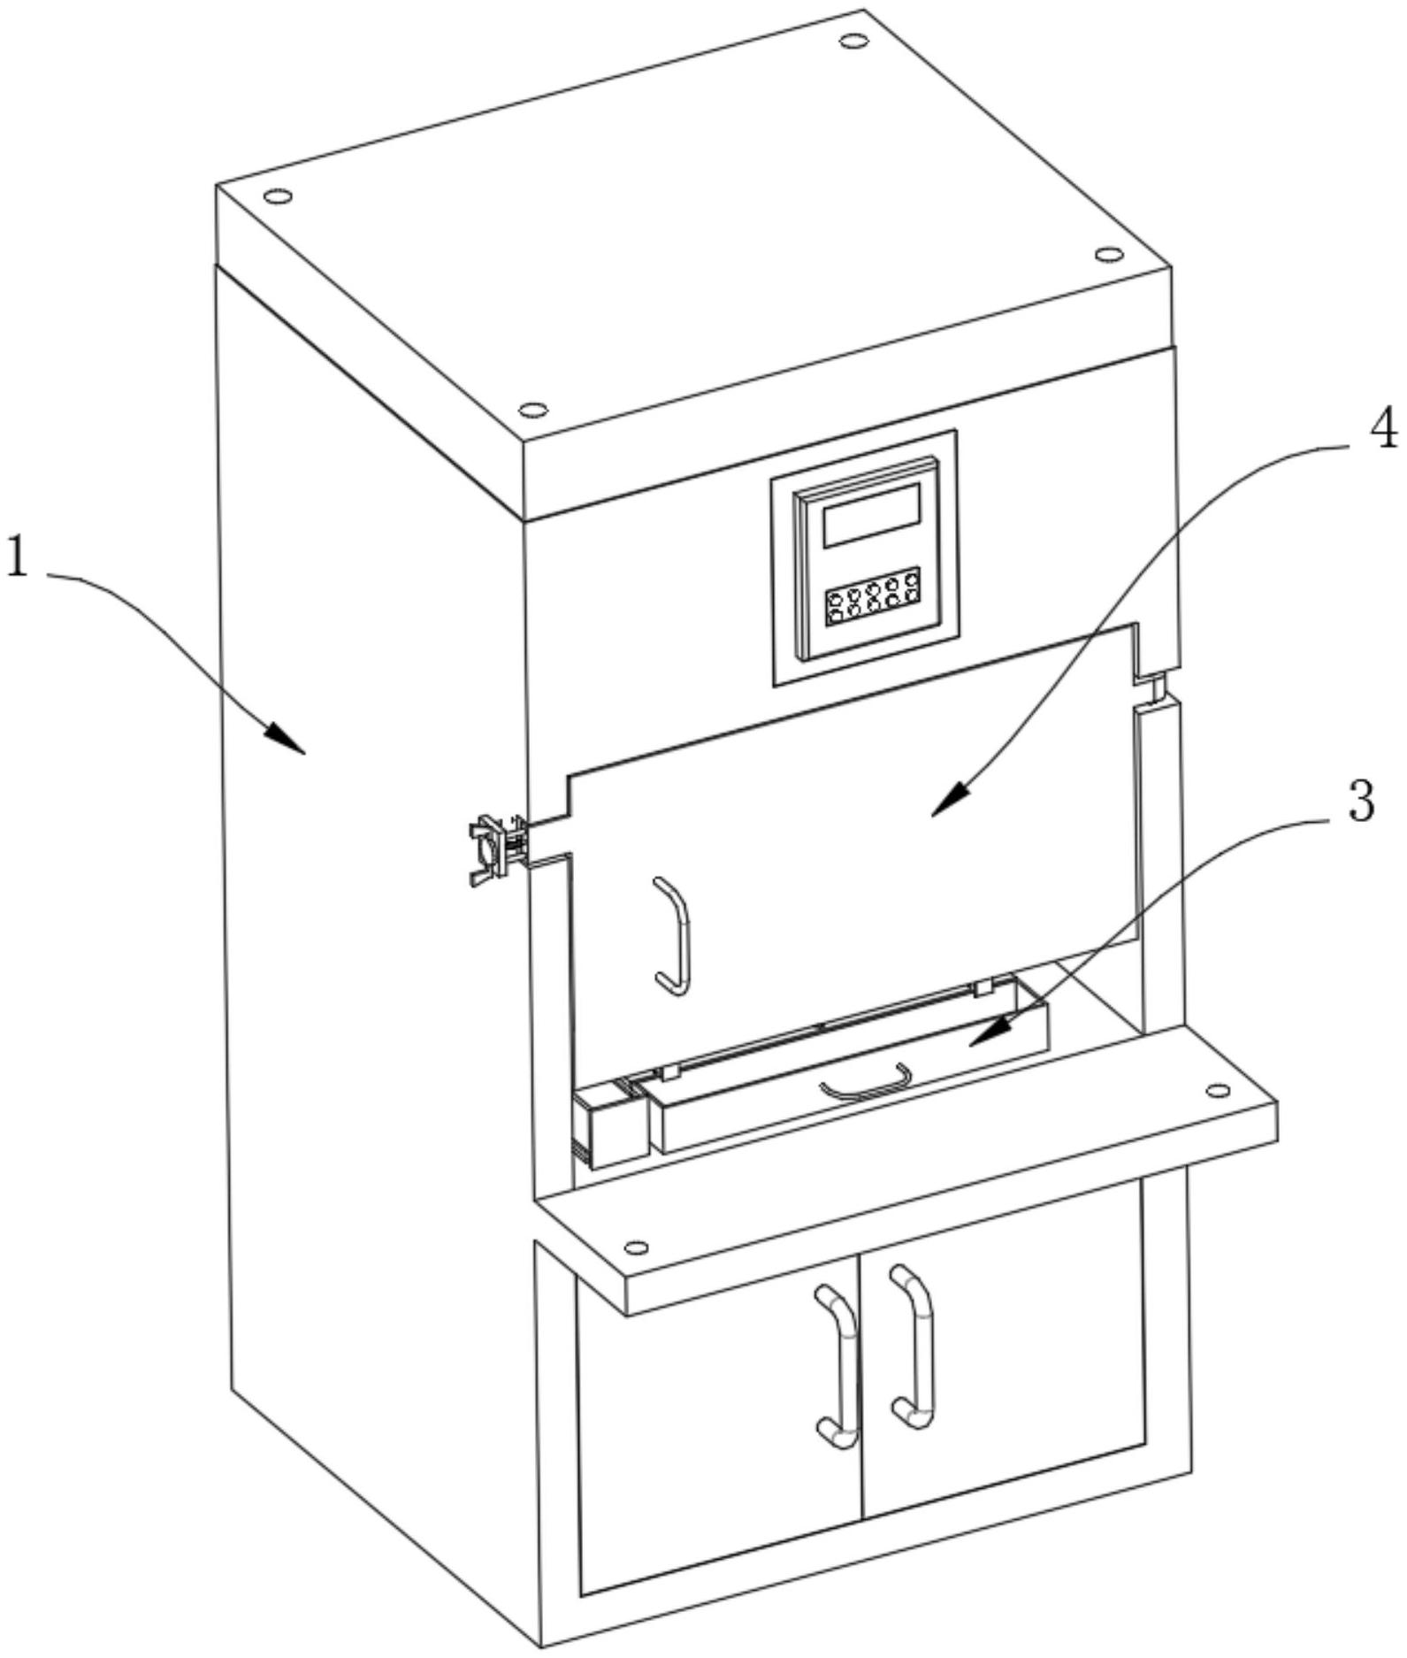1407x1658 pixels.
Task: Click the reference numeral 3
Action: point(1360,802)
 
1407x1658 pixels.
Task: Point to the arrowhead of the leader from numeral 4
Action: point(949,803)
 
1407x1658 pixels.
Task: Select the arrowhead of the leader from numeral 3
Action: point(986,1032)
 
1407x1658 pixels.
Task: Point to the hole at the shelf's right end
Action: point(1218,1090)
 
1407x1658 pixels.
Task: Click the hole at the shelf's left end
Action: point(635,1247)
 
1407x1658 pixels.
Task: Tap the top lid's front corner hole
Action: point(532,409)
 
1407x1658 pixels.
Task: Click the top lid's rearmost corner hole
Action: point(853,40)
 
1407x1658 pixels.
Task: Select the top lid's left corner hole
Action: point(277,195)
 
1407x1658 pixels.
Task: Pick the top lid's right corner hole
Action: point(1107,255)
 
